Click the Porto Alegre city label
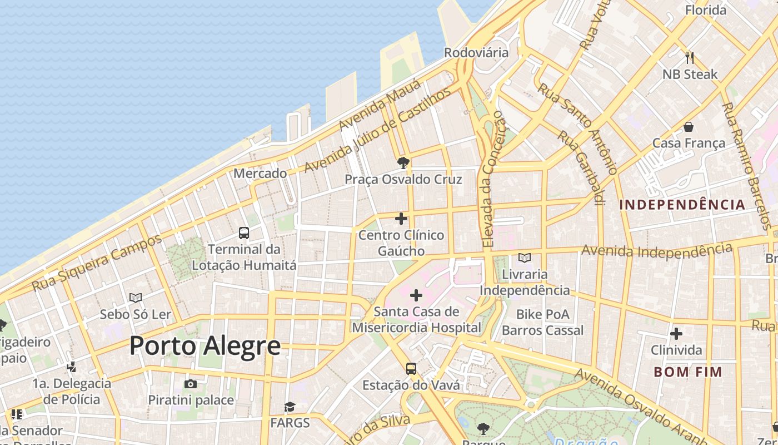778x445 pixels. click(x=205, y=346)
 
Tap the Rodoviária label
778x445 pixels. click(x=476, y=53)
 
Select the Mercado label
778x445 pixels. click(x=260, y=174)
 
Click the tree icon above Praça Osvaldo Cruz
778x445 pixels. click(x=403, y=163)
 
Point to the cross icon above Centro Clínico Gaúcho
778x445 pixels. click(x=401, y=219)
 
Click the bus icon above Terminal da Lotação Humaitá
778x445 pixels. click(x=243, y=233)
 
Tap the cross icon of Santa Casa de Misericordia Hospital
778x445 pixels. click(x=416, y=295)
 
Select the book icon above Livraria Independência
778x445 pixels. click(x=524, y=258)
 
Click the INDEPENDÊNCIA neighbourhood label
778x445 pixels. click(x=682, y=205)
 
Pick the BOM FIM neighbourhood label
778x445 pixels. click(x=688, y=372)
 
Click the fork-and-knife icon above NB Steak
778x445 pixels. click(x=690, y=57)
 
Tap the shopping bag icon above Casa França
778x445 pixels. click(x=689, y=127)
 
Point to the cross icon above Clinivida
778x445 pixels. click(x=676, y=334)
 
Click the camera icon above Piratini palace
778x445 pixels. click(x=191, y=384)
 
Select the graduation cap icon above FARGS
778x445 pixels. click(x=290, y=407)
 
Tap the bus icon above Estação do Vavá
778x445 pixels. click(x=411, y=368)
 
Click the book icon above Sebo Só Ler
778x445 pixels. click(x=136, y=298)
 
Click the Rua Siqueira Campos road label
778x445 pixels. click(x=97, y=263)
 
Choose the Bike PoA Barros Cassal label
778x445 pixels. click(x=542, y=322)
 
